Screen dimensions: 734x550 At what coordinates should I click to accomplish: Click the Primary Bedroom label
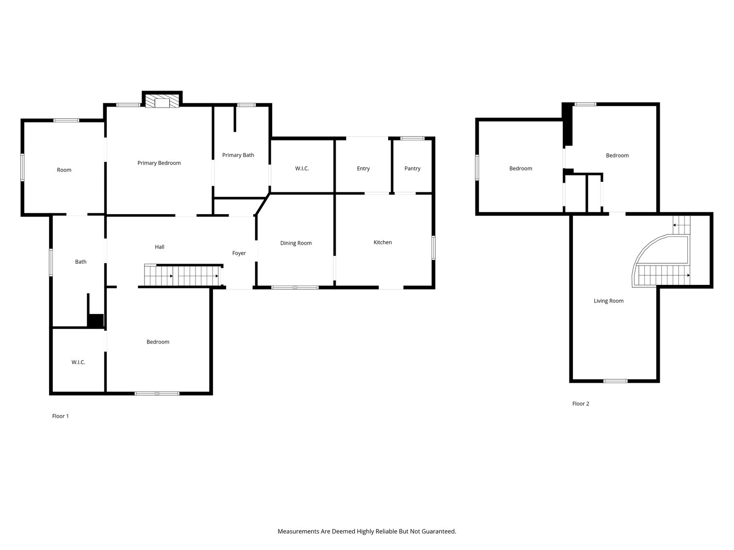click(x=159, y=163)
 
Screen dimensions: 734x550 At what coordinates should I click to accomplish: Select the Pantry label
click(x=412, y=169)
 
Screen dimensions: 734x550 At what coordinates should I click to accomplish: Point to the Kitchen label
click(x=383, y=242)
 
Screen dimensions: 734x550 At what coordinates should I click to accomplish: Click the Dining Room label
click(x=296, y=243)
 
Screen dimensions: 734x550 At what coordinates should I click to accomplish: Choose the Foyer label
click(x=239, y=253)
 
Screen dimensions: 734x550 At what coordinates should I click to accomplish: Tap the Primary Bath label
click(x=238, y=155)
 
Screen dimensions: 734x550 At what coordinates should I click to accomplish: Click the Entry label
click(x=363, y=169)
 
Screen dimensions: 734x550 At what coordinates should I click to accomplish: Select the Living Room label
click(x=609, y=301)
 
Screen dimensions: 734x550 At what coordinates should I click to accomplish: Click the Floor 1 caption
click(x=60, y=416)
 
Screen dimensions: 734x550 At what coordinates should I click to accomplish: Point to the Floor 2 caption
click(x=581, y=404)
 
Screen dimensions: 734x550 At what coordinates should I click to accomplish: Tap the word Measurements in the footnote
click(x=298, y=531)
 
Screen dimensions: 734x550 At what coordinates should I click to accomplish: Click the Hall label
click(x=160, y=247)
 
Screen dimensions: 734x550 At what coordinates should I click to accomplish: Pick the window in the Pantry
click(x=412, y=138)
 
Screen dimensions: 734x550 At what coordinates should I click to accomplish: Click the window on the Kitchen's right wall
click(x=433, y=248)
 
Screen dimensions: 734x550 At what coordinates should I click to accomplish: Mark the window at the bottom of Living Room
click(x=615, y=381)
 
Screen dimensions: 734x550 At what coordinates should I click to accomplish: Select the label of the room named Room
click(x=64, y=170)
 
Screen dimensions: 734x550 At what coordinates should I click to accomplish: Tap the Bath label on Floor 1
click(x=81, y=262)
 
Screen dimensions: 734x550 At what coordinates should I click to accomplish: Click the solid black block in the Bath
click(x=96, y=321)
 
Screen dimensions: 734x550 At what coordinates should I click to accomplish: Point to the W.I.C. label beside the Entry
click(x=302, y=169)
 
